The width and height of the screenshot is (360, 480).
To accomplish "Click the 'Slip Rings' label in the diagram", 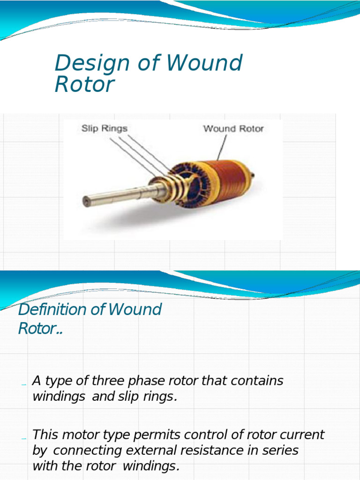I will [x=104, y=128].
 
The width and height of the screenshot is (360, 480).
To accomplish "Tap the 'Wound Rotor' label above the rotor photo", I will [x=233, y=128].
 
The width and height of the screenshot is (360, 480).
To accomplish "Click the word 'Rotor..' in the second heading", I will [x=41, y=329].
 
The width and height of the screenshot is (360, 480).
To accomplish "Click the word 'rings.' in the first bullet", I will [x=162, y=397].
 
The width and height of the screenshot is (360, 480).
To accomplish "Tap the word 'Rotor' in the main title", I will [x=84, y=85].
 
